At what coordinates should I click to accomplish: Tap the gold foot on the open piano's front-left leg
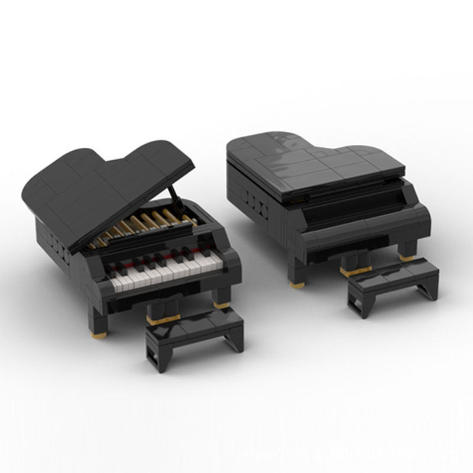coord(99,334)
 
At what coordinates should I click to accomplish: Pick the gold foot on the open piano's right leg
coord(222,305)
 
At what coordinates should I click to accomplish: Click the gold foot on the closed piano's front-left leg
coord(297,284)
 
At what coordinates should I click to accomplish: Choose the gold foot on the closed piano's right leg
coord(407,258)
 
